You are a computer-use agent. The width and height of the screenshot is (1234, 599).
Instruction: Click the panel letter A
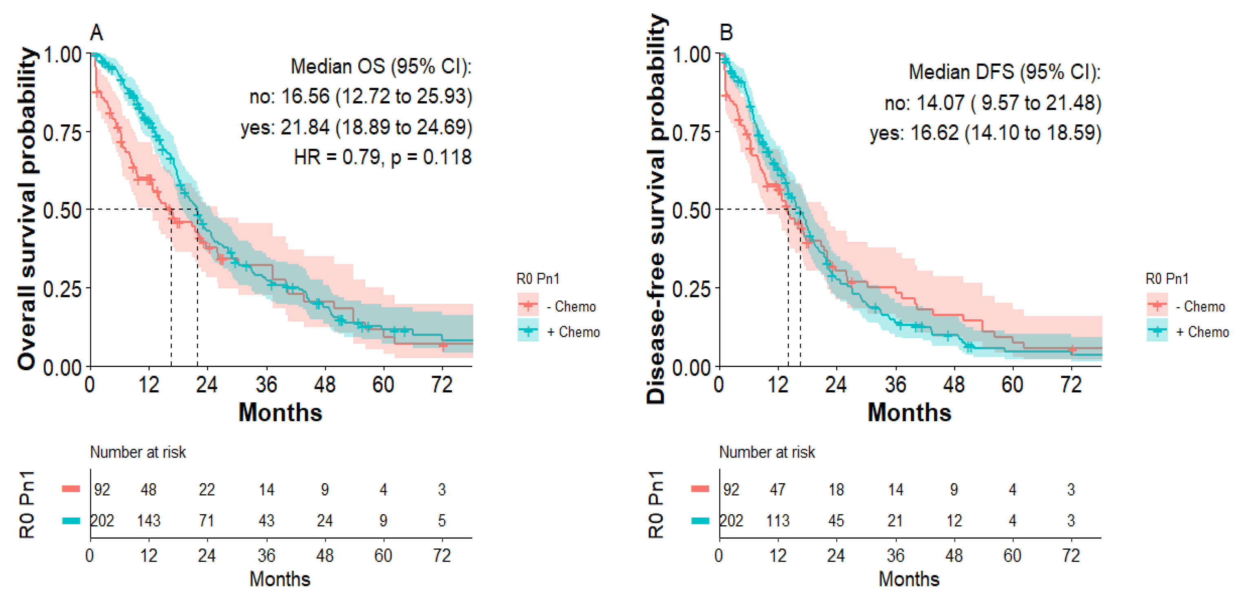(x=96, y=33)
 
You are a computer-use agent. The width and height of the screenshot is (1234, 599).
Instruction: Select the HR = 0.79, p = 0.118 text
(x=382, y=157)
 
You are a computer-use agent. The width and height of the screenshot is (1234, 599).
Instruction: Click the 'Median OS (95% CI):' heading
(x=381, y=66)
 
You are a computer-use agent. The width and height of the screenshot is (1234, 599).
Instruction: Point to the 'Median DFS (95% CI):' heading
(x=1005, y=72)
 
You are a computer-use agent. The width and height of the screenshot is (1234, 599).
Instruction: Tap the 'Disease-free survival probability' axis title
(x=656, y=209)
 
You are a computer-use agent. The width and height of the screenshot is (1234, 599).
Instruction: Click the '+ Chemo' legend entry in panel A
(x=573, y=332)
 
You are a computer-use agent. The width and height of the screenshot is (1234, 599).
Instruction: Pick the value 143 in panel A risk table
(x=149, y=520)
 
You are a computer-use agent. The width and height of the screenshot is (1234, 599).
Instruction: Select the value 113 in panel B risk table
(x=777, y=520)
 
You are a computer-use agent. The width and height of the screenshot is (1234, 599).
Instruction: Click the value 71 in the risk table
(x=207, y=520)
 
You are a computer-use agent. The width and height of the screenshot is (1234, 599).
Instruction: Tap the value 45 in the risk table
(x=836, y=520)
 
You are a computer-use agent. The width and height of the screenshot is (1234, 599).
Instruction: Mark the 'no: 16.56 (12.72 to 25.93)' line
(x=361, y=97)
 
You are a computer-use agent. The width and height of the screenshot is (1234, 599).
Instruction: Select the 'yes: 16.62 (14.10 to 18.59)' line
(x=985, y=133)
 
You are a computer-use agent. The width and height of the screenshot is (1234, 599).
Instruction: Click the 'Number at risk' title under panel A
(x=138, y=452)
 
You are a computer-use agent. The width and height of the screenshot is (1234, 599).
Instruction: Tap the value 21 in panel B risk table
(x=895, y=520)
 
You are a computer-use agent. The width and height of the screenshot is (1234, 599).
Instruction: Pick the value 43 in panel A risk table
(x=266, y=520)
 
